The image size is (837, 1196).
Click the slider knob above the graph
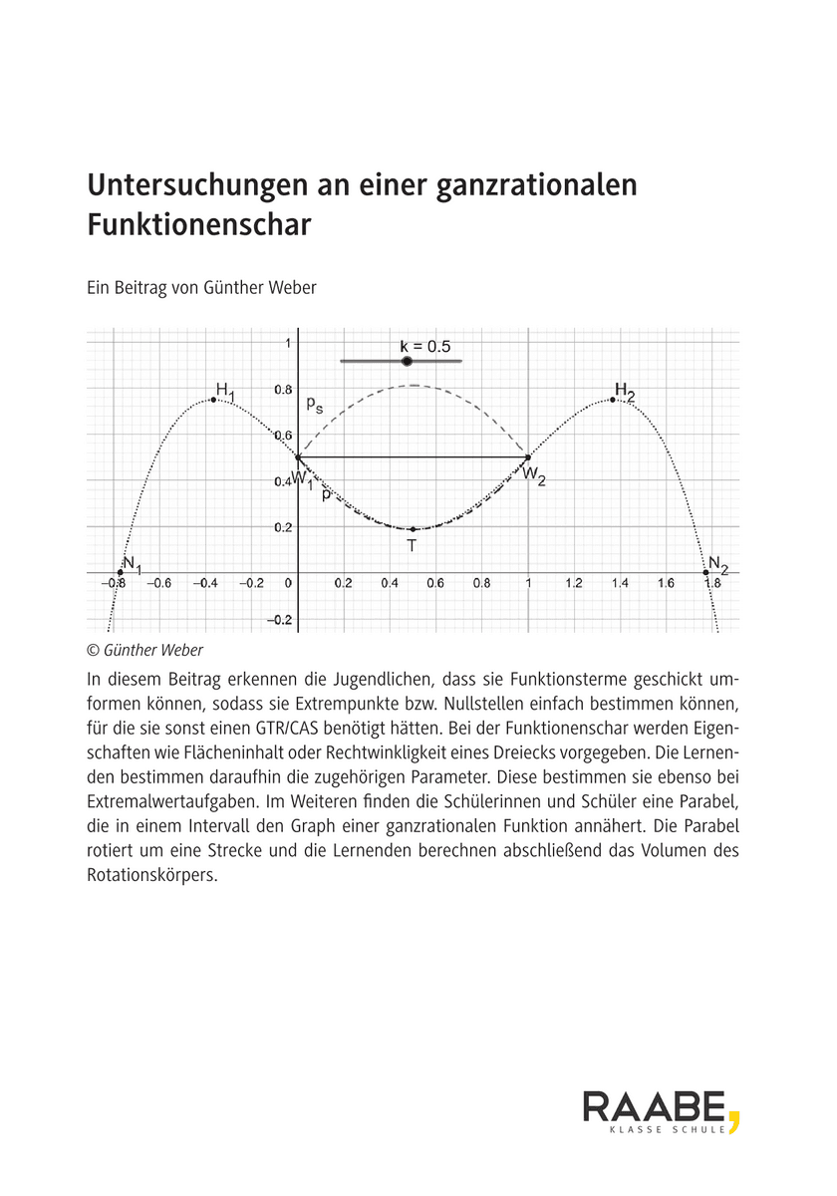[407, 361]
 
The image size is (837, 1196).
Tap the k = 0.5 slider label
[425, 346]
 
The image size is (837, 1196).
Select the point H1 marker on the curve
[213, 400]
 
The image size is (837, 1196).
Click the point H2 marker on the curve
[612, 400]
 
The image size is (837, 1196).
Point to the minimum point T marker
[413, 529]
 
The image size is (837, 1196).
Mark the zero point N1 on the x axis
[120, 572]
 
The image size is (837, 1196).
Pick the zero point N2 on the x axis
[705, 572]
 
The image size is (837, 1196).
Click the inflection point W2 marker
[527, 457]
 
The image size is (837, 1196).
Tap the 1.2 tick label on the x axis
[574, 584]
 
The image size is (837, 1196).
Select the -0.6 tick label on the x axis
[159, 584]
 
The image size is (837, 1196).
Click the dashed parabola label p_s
[314, 404]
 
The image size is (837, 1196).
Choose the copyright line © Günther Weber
[143, 650]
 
